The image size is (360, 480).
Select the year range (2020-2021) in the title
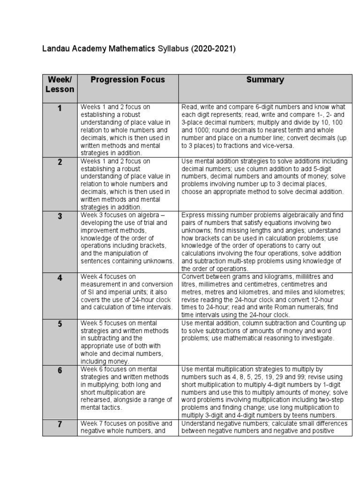[213, 49]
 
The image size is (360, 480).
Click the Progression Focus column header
[127, 80]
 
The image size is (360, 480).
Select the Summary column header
[265, 80]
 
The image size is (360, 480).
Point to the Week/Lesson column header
[60, 84]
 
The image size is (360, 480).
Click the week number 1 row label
[60, 109]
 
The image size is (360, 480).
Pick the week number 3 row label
[60, 216]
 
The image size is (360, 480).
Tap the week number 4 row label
[60, 277]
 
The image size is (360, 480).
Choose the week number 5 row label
[60, 324]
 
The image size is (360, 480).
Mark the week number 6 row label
[60, 370]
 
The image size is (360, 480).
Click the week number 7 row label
[60, 425]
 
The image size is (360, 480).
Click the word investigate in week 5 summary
[318, 338]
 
